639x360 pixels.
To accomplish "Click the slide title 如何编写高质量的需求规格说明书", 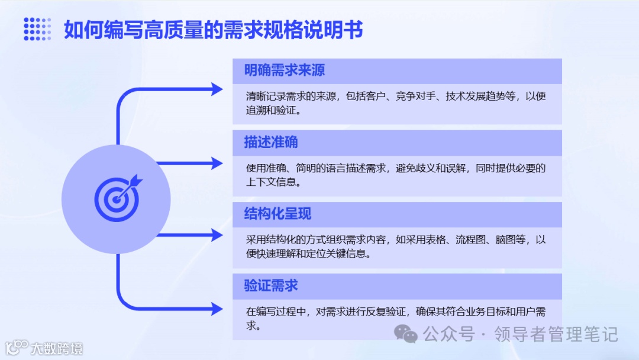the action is pos(213,30).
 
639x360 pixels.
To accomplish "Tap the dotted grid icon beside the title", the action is pos(37,29).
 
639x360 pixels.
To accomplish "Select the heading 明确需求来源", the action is pos(285,70).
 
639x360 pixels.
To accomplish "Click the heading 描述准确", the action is pos(271,142).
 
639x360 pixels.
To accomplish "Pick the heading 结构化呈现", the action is pos(277,214).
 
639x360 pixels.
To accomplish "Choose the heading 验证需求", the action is pos(271,285).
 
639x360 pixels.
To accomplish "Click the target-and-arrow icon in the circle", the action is pos(118,196).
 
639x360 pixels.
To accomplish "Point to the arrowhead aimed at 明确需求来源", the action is pos(217,89).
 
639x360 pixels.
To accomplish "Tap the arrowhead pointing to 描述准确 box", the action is pos(217,162).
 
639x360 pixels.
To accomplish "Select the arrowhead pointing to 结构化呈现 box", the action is pos(217,234).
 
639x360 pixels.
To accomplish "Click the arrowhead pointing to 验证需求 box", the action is pos(217,308).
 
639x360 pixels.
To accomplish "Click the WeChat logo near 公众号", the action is pos(408,335).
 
